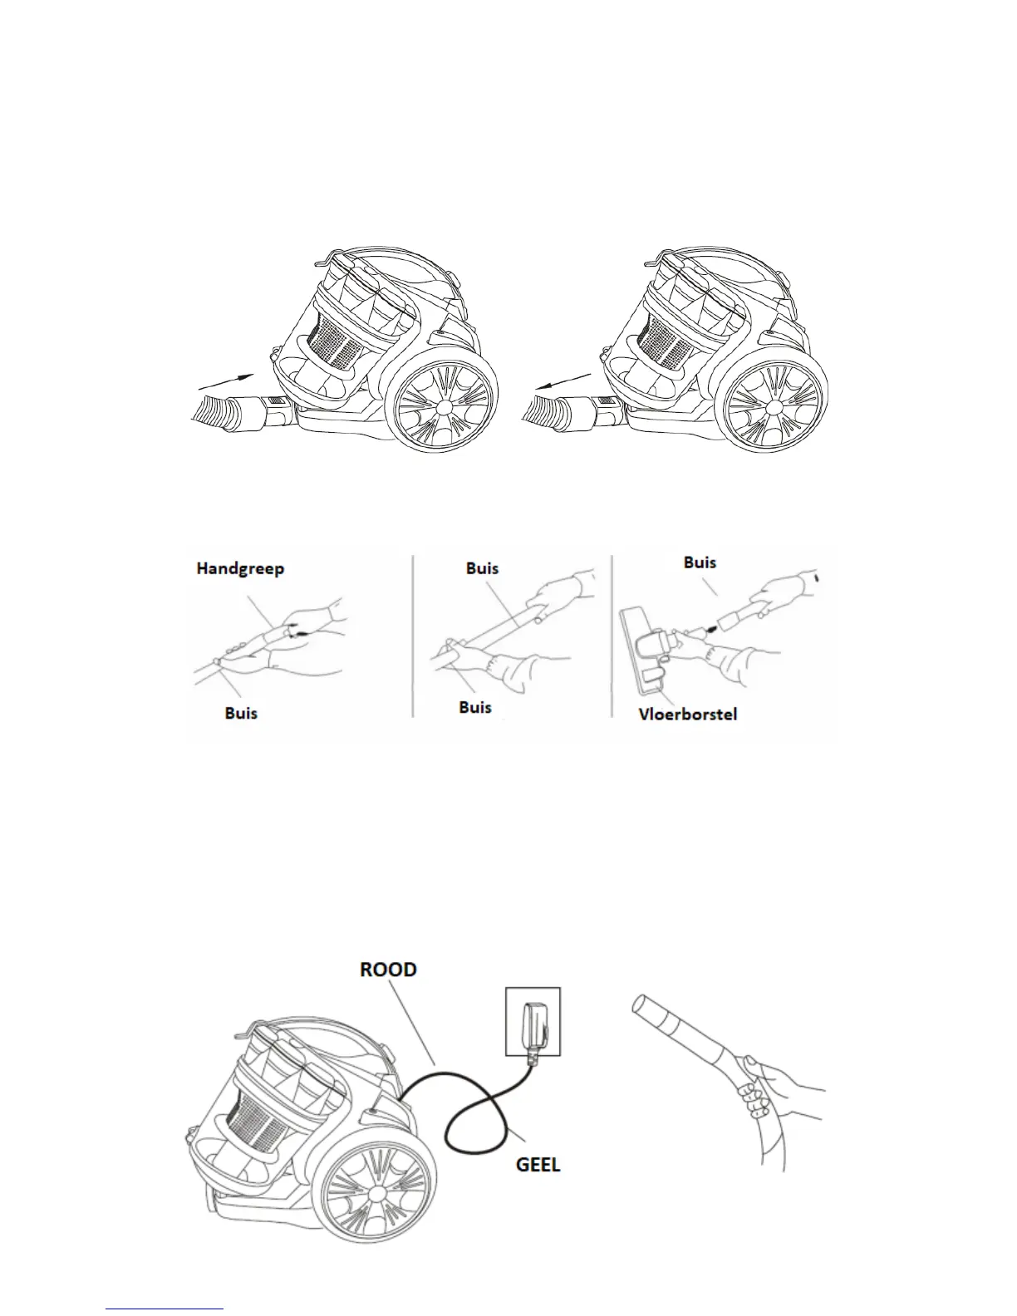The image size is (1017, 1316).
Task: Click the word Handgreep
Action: (240, 569)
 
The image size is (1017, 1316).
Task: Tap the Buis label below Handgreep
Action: (241, 713)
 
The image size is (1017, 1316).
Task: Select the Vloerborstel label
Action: (687, 714)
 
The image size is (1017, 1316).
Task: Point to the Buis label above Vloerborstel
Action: (700, 562)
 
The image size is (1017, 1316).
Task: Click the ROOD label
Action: (388, 970)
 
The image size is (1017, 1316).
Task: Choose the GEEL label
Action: (538, 1164)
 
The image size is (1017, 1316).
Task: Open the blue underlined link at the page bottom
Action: (165, 1309)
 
